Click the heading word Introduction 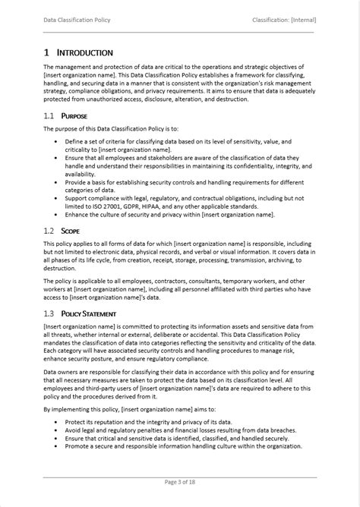[85, 52]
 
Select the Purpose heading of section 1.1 [74, 116]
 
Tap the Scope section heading [71, 231]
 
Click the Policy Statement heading [89, 313]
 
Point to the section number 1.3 [49, 313]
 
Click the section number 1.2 [49, 231]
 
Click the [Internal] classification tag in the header [302, 20]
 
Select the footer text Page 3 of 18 [180, 481]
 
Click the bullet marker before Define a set [57, 142]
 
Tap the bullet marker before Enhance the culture [57, 216]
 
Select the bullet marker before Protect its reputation [57, 420]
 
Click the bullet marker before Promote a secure [57, 446]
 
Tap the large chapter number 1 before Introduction [46, 52]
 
